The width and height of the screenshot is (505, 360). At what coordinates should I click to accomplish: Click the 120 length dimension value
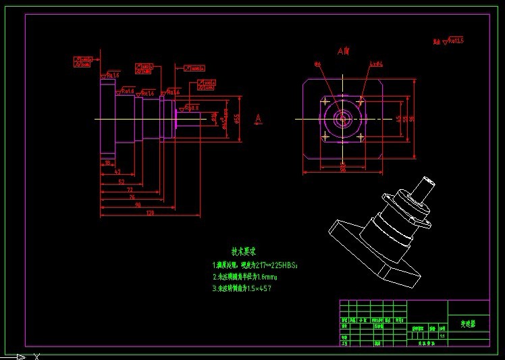[149, 213]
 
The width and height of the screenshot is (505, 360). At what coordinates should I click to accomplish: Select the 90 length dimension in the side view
[138, 204]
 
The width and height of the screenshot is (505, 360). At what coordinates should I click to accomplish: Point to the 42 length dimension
[117, 172]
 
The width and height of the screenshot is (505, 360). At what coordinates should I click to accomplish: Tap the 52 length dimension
[121, 182]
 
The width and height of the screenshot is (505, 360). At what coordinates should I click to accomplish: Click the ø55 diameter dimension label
[237, 118]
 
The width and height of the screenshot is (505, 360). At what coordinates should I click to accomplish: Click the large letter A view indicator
[258, 119]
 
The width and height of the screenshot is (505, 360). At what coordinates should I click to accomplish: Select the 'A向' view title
[344, 51]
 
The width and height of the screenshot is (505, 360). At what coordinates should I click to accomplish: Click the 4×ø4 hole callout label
[377, 64]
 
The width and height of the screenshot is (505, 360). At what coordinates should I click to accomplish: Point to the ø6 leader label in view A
[317, 64]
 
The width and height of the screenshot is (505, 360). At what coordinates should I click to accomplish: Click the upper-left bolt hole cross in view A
[325, 102]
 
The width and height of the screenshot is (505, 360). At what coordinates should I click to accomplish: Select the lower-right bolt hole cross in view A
[361, 137]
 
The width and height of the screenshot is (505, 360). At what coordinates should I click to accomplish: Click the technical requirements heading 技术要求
[244, 251]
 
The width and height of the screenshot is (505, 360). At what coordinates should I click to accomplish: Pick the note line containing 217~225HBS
[255, 265]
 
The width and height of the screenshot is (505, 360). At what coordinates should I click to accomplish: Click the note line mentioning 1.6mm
[245, 277]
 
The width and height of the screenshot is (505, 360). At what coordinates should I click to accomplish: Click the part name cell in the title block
[468, 324]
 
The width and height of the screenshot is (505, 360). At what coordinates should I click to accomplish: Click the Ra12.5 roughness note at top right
[449, 42]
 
